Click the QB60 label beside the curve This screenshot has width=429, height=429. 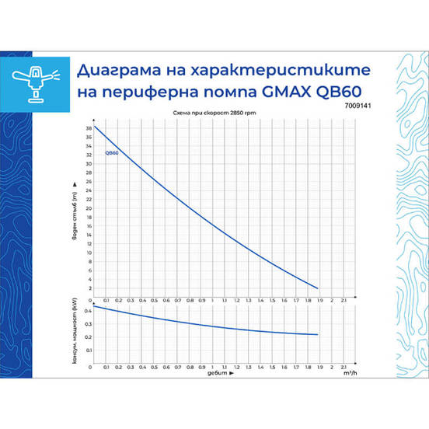(x=112, y=153)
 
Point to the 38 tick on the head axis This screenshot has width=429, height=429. (x=89, y=127)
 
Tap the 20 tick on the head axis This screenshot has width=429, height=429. (x=89, y=208)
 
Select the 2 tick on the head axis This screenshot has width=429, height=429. (x=89, y=288)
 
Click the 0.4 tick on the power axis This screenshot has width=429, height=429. (x=88, y=311)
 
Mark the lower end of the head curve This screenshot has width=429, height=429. (x=318, y=288)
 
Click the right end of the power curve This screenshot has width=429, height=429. (x=318, y=334)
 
